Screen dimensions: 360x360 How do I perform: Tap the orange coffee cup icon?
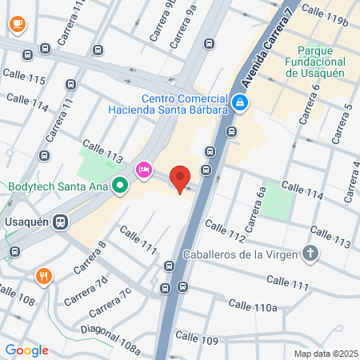[16, 24]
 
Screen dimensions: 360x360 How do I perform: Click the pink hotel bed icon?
[144, 169]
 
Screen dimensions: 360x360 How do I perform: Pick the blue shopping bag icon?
[240, 102]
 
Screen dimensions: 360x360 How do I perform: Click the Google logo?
[26, 350]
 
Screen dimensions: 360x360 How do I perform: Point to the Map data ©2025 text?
[325, 354]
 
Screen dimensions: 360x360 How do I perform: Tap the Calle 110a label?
[252, 306]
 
